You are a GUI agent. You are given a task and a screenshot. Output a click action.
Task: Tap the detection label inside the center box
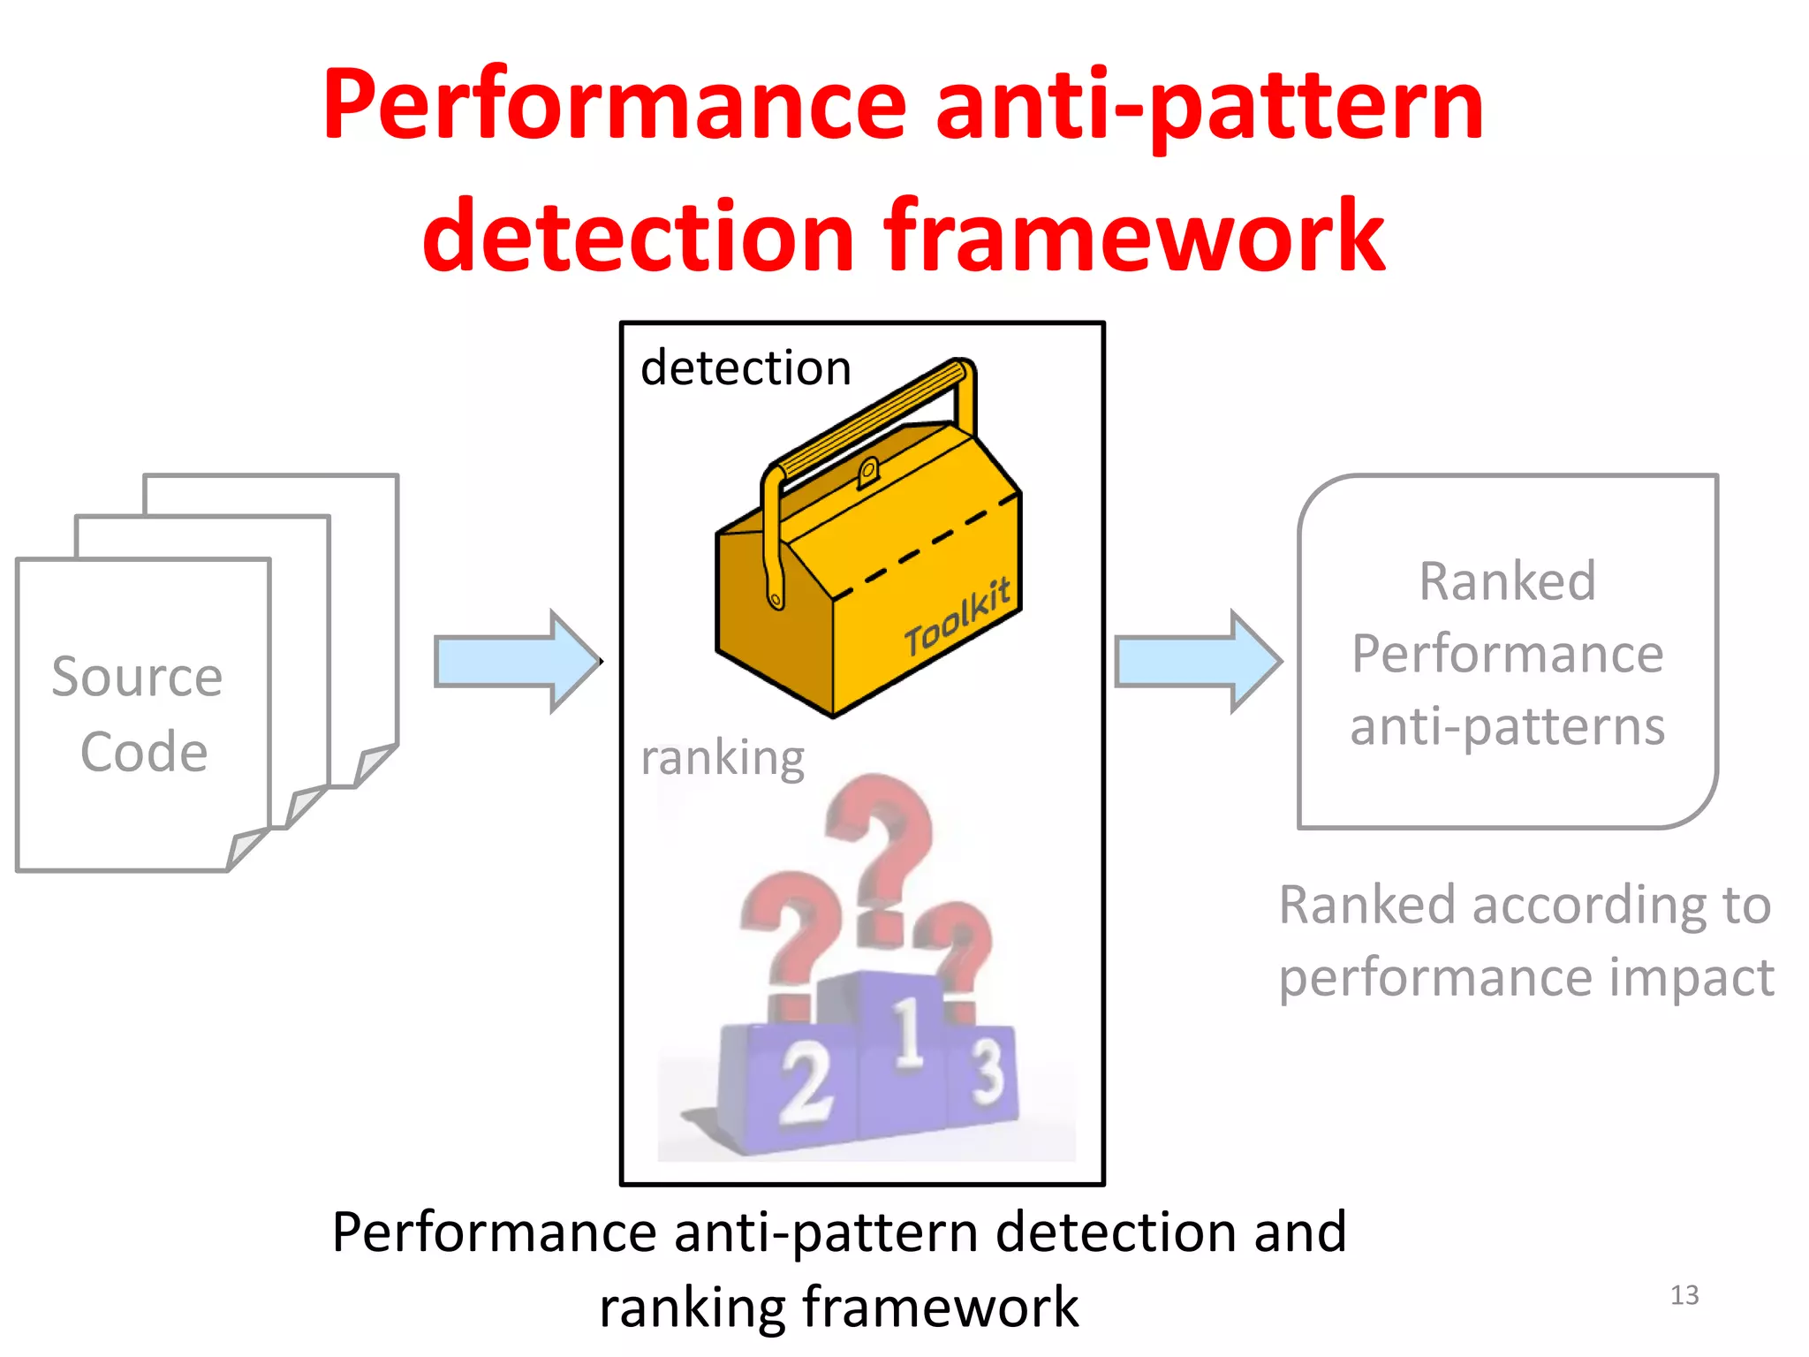tap(746, 368)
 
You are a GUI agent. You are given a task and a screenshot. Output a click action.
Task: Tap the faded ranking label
tap(722, 758)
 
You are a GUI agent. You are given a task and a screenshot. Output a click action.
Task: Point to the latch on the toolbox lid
tap(867, 472)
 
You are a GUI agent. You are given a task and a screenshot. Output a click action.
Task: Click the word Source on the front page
tap(137, 678)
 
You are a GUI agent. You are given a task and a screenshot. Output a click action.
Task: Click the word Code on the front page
tap(144, 753)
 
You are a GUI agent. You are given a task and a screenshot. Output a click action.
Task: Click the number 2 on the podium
tap(805, 1083)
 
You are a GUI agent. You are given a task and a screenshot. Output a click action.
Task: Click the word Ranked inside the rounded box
tap(1507, 581)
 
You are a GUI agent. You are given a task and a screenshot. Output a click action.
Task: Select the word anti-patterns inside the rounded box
tap(1507, 727)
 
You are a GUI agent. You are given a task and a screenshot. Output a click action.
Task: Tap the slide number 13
tap(1684, 1295)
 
